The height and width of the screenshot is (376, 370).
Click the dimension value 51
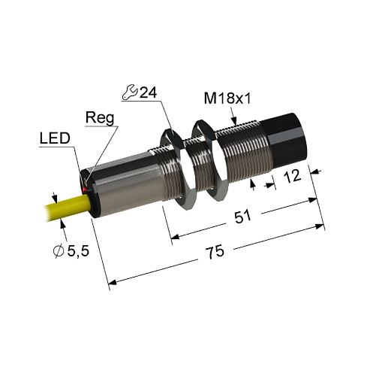[242, 218]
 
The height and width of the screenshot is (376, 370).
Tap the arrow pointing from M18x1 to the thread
[235, 116]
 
